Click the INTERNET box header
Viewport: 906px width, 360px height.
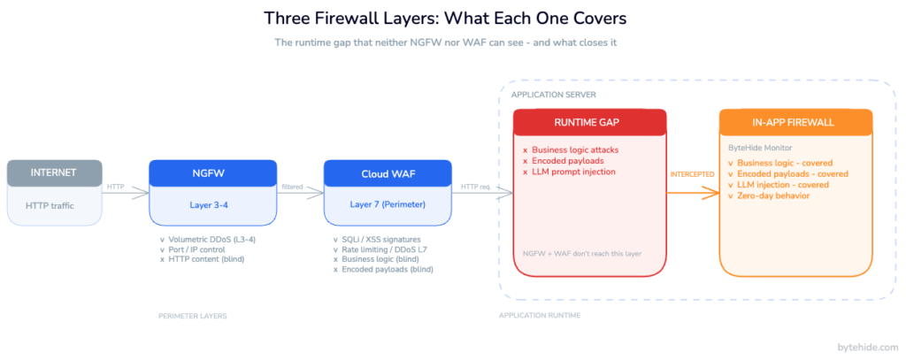55,172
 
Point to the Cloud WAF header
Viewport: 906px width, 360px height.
388,172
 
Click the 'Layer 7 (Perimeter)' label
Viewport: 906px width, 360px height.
388,204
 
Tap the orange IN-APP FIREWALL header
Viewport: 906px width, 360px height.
795,122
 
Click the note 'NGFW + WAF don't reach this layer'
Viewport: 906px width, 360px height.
581,254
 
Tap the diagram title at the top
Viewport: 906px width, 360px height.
452,19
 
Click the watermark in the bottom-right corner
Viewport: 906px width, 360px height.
866,348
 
